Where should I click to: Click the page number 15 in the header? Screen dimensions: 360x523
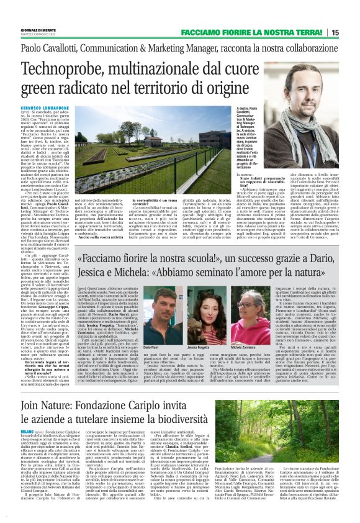(352, 32)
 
